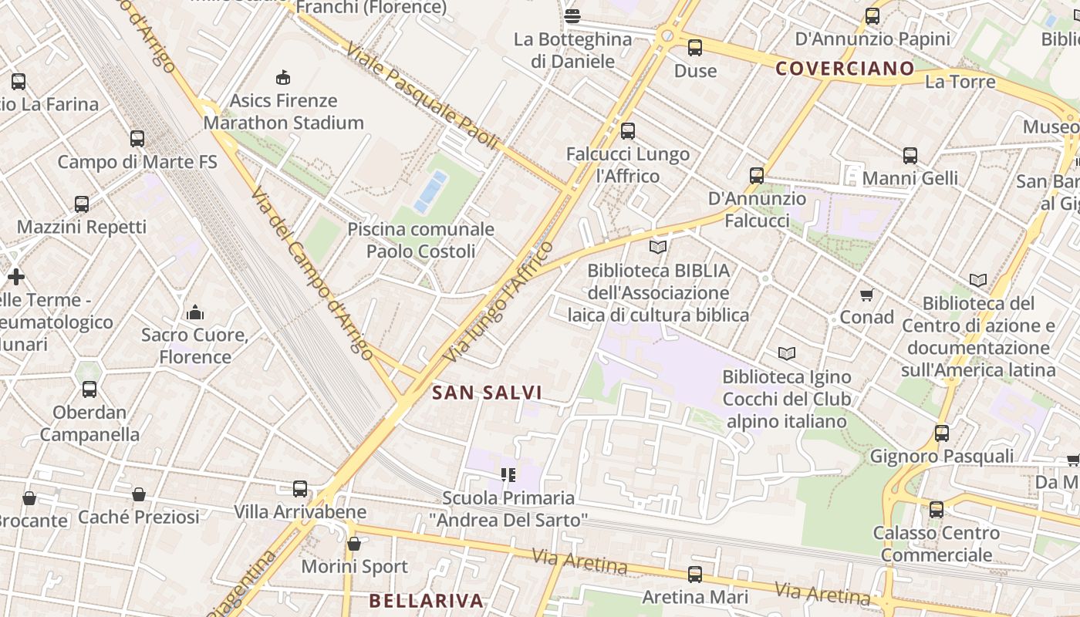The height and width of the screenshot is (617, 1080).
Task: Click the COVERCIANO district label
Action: (x=845, y=69)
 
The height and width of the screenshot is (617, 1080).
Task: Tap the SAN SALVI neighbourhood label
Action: (x=487, y=393)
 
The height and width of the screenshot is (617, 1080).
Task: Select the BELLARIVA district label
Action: (x=426, y=601)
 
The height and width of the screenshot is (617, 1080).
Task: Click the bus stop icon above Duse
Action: (x=695, y=48)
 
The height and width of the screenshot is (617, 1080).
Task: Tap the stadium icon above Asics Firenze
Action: (x=283, y=77)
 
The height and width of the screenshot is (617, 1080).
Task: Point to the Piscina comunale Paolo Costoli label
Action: (x=420, y=240)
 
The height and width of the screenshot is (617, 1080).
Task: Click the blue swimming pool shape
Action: (x=430, y=192)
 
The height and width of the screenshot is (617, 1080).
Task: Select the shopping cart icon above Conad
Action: (x=866, y=295)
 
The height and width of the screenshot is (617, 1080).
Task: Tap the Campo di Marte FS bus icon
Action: (x=137, y=139)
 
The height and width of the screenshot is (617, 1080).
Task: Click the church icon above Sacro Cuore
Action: (x=195, y=312)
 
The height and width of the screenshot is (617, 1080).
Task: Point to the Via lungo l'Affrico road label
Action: (x=499, y=302)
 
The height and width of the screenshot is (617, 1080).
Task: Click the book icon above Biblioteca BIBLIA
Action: (x=658, y=247)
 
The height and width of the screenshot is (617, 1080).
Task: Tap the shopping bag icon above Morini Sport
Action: (x=354, y=544)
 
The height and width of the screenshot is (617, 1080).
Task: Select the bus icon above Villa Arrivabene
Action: (x=300, y=488)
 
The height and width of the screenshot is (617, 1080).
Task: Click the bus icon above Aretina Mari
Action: (x=695, y=574)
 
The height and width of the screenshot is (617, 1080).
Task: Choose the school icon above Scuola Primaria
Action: (x=508, y=474)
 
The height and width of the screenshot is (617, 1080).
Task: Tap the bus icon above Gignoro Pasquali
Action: (x=942, y=433)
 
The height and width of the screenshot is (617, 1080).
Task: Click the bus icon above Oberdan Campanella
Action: (x=89, y=389)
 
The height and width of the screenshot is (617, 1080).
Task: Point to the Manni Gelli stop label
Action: (x=910, y=178)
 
